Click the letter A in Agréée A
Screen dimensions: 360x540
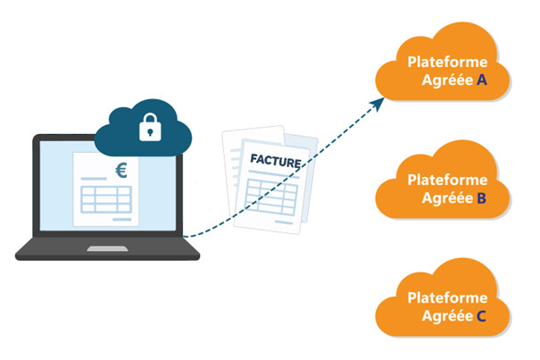tap(482, 80)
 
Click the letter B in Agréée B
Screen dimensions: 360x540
tap(482, 197)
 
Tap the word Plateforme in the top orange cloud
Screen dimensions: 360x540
tap(447, 62)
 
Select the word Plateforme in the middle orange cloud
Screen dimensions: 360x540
tap(447, 180)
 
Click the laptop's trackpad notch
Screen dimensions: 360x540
tap(107, 246)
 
